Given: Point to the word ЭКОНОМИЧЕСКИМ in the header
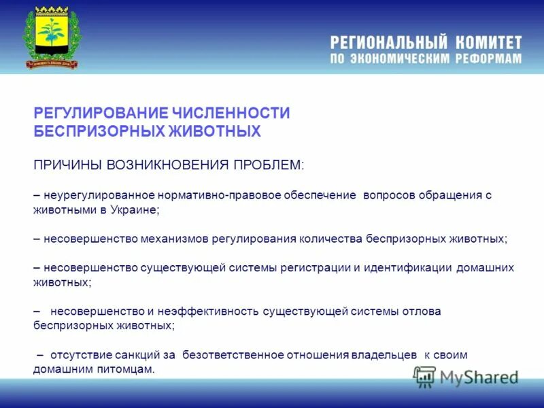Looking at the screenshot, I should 401,59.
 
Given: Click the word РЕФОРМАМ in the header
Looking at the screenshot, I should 488,59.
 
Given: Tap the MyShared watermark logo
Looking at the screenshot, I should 467,377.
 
